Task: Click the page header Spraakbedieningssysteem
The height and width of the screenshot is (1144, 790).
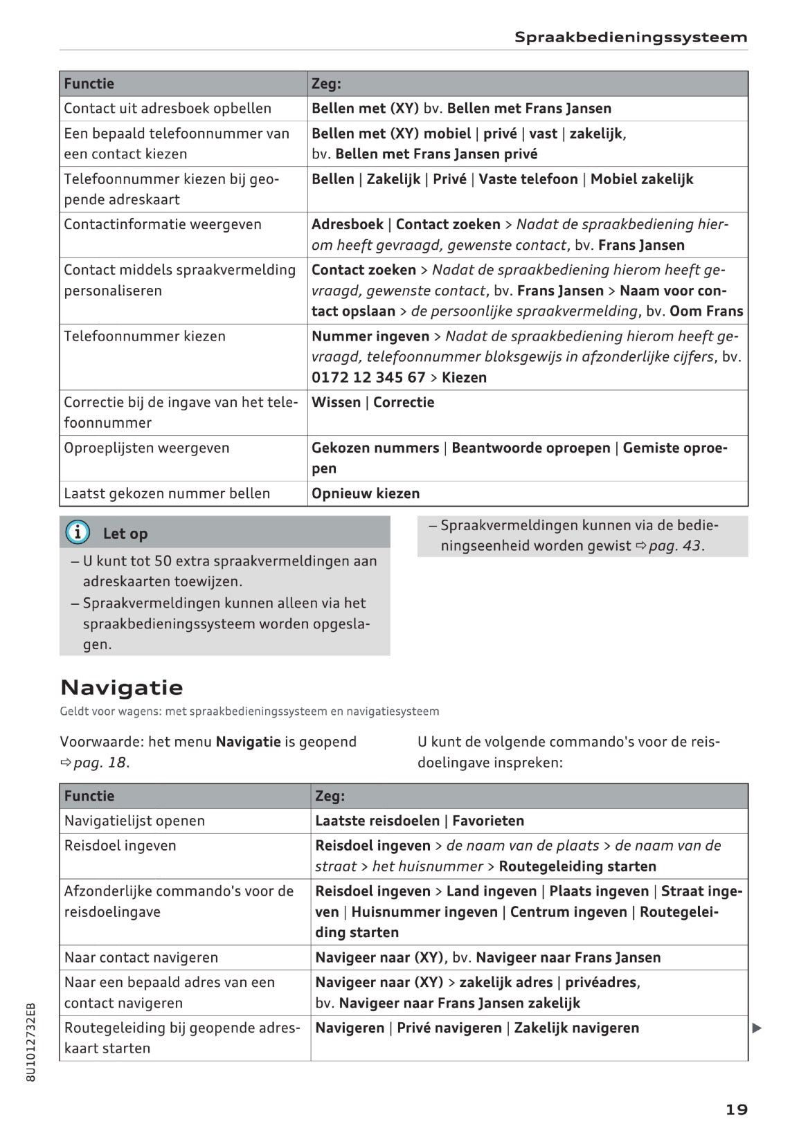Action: (x=630, y=37)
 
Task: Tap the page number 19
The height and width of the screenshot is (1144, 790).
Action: (x=736, y=1109)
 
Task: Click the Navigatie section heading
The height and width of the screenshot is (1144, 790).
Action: (x=122, y=687)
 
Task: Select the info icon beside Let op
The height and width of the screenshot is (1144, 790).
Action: (x=78, y=532)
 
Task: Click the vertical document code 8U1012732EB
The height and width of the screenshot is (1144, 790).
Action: (x=30, y=1041)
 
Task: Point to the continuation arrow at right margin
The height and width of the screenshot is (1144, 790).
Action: (x=757, y=1028)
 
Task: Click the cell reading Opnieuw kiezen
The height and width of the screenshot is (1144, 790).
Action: (x=366, y=493)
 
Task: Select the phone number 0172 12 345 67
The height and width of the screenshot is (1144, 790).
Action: (x=368, y=377)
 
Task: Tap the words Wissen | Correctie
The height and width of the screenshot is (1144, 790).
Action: (x=372, y=402)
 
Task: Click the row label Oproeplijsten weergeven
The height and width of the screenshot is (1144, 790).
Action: (x=147, y=448)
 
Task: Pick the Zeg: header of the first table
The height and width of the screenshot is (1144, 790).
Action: (x=326, y=84)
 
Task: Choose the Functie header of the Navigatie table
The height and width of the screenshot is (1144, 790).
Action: (x=89, y=796)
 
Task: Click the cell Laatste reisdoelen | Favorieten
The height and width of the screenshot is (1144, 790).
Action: (x=419, y=821)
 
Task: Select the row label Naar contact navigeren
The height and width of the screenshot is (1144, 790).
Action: (x=141, y=957)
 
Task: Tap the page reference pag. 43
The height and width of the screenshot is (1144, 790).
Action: (x=675, y=545)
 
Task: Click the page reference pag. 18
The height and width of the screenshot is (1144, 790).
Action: (x=100, y=763)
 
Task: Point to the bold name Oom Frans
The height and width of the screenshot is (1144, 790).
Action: (x=706, y=311)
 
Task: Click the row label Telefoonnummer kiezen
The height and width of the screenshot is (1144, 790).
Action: (x=145, y=336)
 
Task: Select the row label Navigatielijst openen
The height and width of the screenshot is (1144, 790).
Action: (x=134, y=821)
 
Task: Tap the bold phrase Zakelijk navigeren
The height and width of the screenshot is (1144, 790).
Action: (x=576, y=1028)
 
